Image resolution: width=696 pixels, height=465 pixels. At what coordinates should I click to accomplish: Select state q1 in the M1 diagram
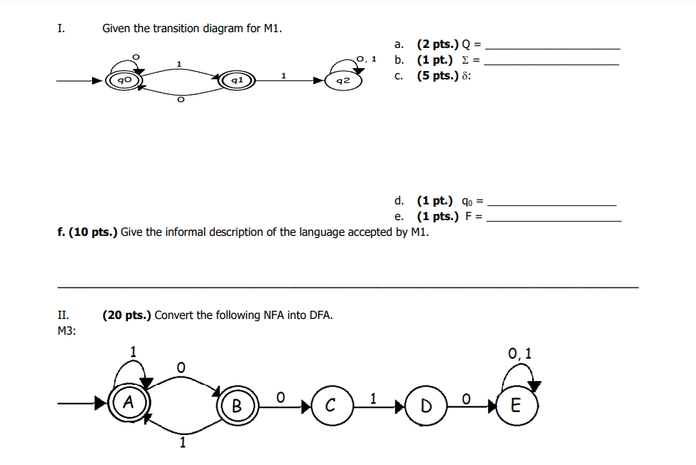(236, 79)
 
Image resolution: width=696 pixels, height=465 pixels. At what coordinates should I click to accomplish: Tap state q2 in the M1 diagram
(343, 79)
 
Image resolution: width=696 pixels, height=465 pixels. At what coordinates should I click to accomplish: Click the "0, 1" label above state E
(519, 353)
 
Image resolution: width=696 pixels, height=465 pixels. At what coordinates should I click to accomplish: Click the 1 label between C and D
(373, 398)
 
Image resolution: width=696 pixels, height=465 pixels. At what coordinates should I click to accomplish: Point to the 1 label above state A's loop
(133, 350)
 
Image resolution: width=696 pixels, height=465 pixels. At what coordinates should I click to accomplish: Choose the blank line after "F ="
(553, 219)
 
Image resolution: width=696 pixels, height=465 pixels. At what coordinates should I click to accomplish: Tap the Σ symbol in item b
(468, 60)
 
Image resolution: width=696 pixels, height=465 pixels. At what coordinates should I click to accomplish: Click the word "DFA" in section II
(321, 314)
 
